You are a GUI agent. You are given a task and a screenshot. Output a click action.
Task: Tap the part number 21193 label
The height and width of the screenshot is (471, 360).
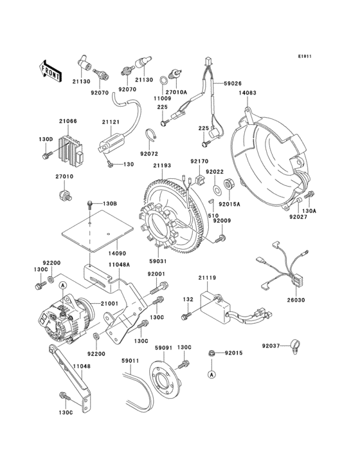point(162,166)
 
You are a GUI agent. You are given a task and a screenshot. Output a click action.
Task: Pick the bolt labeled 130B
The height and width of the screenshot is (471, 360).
point(89,205)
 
